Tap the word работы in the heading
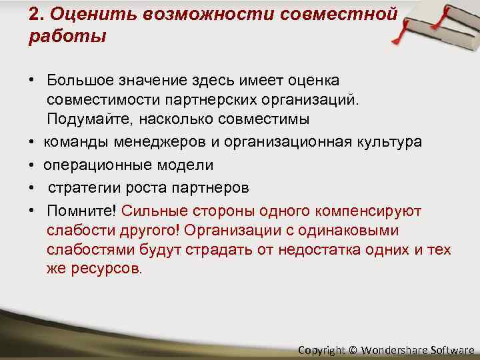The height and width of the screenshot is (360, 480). tap(67, 36)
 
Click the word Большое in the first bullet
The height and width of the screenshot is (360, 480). tap(78, 81)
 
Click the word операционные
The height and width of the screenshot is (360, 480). tap(93, 165)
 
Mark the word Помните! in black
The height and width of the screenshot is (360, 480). tap(81, 211)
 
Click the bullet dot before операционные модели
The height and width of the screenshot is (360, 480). tap(31, 165)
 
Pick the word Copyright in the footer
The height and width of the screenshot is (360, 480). tap(321, 349)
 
